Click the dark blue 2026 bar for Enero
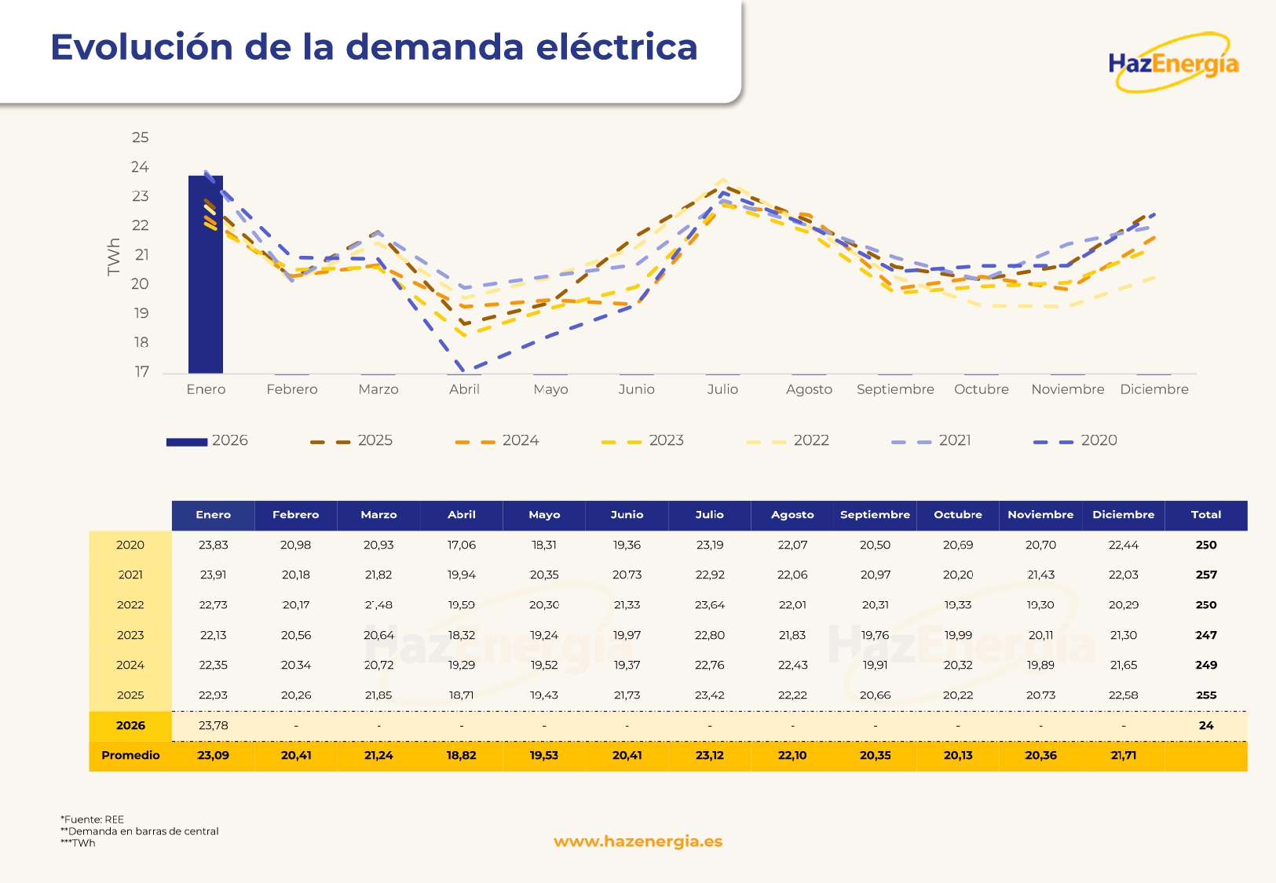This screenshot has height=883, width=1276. [206, 275]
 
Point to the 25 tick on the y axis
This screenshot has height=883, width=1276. [140, 137]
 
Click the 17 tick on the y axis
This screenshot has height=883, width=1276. [141, 371]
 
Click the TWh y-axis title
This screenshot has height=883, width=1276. [114, 256]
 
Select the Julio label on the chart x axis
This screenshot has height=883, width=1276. [722, 389]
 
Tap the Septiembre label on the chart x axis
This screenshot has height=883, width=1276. [895, 389]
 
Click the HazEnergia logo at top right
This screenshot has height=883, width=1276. [1173, 63]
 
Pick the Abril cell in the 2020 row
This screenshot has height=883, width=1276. [462, 545]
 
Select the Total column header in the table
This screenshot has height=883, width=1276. [1205, 515]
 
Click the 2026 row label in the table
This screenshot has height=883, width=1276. [130, 725]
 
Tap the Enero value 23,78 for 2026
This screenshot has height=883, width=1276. [213, 725]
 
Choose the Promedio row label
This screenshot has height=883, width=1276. [130, 755]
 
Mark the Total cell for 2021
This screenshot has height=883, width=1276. [1205, 575]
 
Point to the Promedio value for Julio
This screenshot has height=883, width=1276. [709, 755]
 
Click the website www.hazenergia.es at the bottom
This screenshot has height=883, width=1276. [638, 841]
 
